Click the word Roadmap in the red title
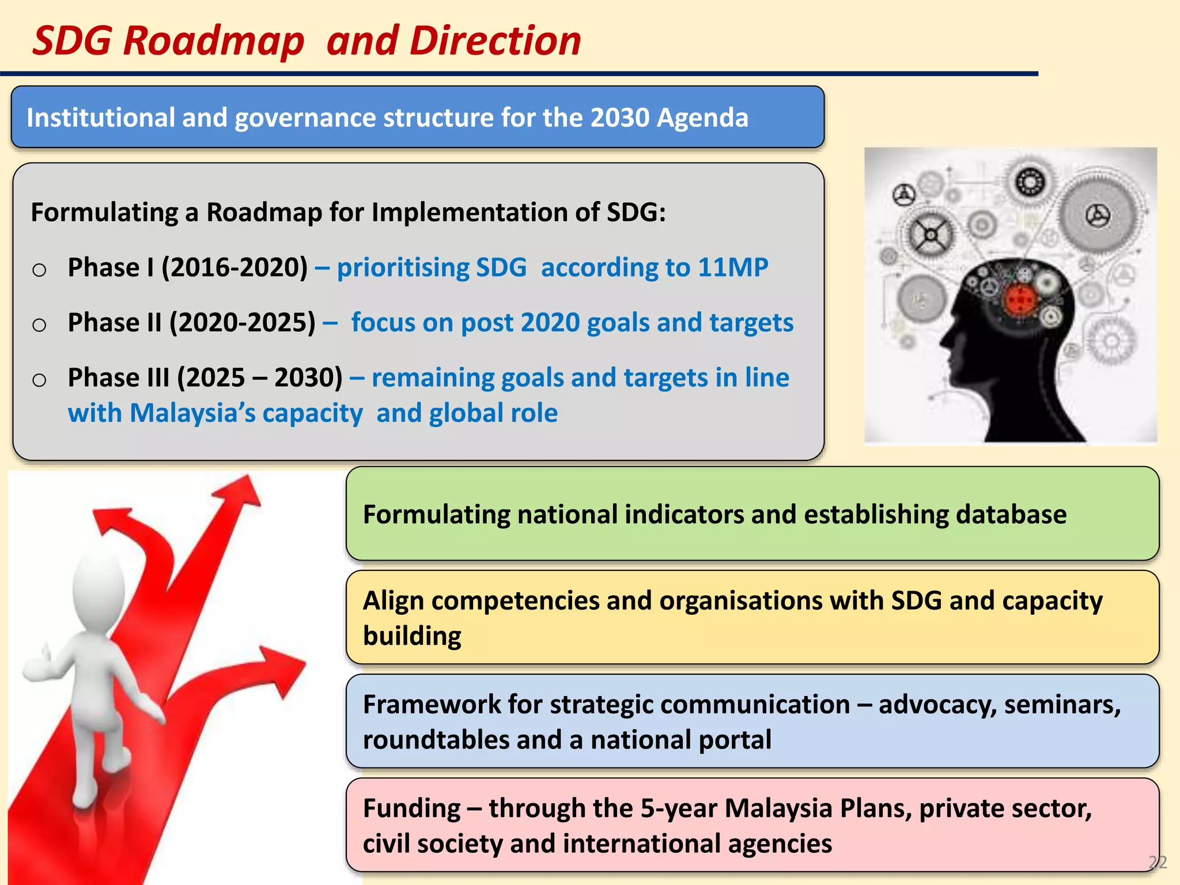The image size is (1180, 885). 213,41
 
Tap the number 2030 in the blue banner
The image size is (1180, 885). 620,118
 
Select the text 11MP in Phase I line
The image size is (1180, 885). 733,267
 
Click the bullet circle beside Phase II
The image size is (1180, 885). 39,325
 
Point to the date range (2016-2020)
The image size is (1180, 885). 235,267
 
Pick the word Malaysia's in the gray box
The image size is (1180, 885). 192,414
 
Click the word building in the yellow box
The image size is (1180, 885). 412,636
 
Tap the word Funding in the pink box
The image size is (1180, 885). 411,808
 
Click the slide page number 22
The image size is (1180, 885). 1157,862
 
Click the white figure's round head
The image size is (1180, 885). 99,588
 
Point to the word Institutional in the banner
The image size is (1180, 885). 100,118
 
